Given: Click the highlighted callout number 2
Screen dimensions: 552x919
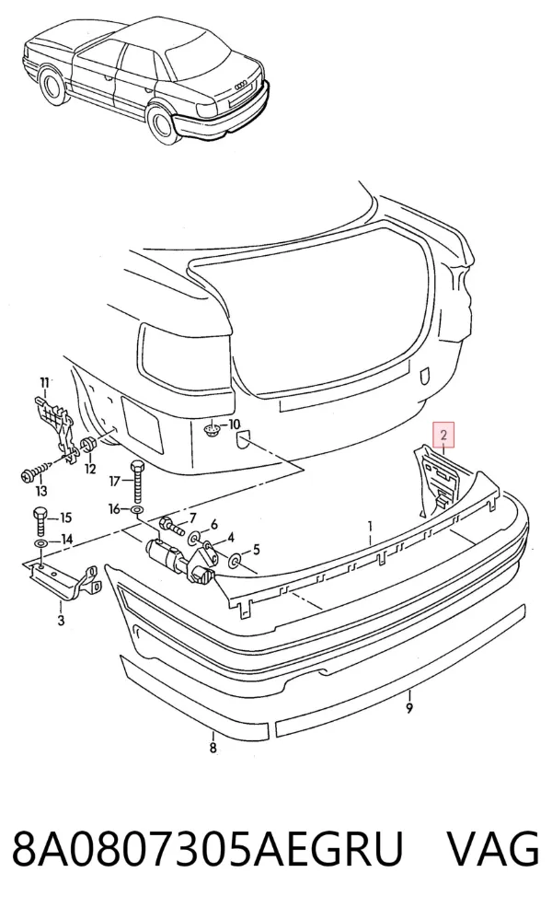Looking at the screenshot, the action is (x=443, y=435).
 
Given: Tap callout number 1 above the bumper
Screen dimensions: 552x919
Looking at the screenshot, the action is (x=370, y=524).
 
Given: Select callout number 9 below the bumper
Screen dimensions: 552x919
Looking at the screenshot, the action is (x=409, y=709).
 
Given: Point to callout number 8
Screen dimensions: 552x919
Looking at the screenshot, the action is (x=213, y=748).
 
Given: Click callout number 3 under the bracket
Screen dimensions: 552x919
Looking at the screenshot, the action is (x=62, y=620).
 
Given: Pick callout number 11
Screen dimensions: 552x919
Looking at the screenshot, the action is (x=44, y=383).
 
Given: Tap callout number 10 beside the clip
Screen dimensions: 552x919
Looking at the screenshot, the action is (x=234, y=424).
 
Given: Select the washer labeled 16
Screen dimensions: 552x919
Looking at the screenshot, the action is (x=136, y=510).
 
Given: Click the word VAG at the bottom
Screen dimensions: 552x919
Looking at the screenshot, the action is (x=493, y=849).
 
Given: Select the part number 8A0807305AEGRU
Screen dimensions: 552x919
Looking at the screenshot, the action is (x=209, y=849).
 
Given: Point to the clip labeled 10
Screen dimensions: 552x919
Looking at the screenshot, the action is (x=212, y=431).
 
